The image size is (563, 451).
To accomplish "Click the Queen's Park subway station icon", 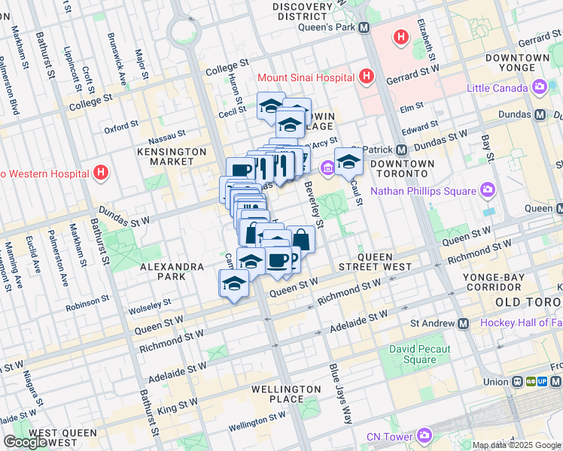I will (364, 28).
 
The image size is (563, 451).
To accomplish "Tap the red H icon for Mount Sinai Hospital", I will (367, 76).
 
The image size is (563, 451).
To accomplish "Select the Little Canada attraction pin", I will (539, 88).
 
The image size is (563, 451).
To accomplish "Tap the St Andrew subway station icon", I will (464, 324).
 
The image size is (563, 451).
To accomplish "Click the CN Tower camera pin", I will (424, 436).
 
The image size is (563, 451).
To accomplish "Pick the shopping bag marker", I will (300, 240).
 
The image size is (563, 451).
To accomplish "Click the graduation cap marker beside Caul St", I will (348, 162).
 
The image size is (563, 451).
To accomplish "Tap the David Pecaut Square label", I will (419, 354).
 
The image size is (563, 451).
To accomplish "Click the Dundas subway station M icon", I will (539, 116).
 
